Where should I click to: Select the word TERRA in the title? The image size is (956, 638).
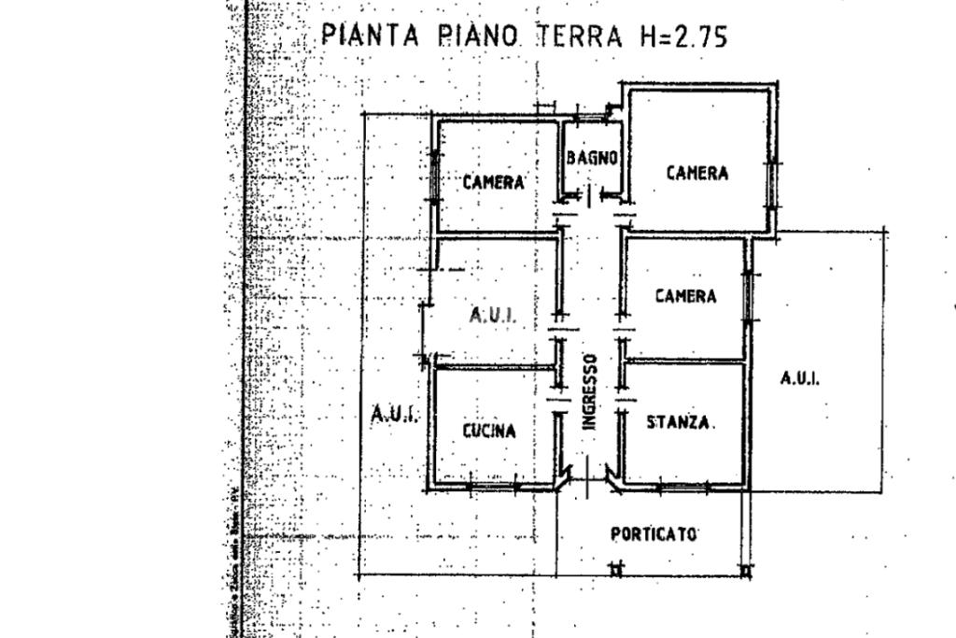click(579, 36)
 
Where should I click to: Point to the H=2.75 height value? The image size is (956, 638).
click(683, 36)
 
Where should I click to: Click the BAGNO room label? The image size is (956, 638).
click(592, 158)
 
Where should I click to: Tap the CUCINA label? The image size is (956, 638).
click(488, 431)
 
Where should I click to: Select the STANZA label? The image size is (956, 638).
click(681, 422)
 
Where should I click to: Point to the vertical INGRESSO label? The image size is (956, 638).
click(589, 390)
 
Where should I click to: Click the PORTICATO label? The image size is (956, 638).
click(654, 534)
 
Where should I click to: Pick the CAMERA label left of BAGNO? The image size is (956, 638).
click(493, 182)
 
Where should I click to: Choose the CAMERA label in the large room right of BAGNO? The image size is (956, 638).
click(696, 173)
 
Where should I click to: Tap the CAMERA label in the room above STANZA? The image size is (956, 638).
click(685, 296)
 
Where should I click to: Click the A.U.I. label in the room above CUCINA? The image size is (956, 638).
click(492, 316)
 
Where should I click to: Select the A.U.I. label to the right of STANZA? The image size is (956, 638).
click(800, 378)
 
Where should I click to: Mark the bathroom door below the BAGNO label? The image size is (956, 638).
click(589, 196)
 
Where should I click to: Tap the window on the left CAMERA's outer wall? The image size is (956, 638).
click(433, 176)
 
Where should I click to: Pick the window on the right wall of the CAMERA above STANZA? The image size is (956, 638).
click(748, 296)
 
